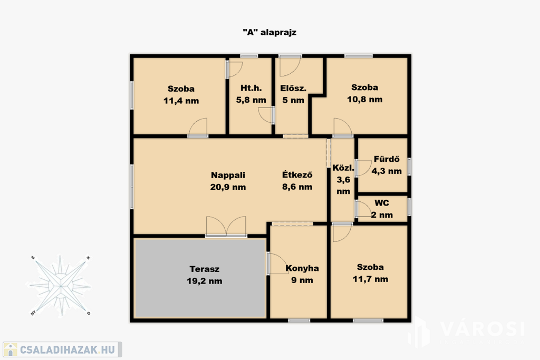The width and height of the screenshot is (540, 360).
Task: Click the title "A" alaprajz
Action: tap(269, 32)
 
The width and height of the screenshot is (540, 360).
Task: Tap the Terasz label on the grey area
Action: tap(204, 269)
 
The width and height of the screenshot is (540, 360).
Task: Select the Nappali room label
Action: tap(228, 175)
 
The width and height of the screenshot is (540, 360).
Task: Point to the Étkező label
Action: tap(297, 174)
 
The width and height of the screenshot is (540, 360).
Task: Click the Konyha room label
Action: tap(302, 268)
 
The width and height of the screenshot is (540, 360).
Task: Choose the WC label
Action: tap(382, 203)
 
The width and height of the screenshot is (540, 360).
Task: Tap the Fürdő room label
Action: tap(387, 159)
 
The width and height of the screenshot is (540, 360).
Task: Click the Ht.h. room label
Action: tap(251, 88)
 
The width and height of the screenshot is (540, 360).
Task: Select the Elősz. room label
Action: tap(293, 88)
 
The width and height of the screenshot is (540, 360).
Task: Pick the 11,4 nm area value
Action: tap(181, 101)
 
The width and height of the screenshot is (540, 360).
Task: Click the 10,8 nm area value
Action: tap(365, 100)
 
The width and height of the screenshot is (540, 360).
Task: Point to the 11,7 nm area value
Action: tap(370, 279)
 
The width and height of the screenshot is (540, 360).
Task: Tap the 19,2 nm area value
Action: tap(204, 281)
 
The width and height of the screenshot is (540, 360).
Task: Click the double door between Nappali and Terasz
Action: tap(226, 227)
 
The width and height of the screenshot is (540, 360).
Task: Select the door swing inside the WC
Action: tap(362, 209)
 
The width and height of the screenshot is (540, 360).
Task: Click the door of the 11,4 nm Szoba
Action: tap(198, 128)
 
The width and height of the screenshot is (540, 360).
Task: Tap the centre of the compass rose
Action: tap(61, 286)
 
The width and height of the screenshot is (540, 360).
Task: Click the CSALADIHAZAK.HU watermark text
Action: tap(67, 350)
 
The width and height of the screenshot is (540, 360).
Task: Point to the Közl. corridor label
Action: tap(343, 168)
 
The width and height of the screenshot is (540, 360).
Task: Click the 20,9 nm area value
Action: tap(228, 187)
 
